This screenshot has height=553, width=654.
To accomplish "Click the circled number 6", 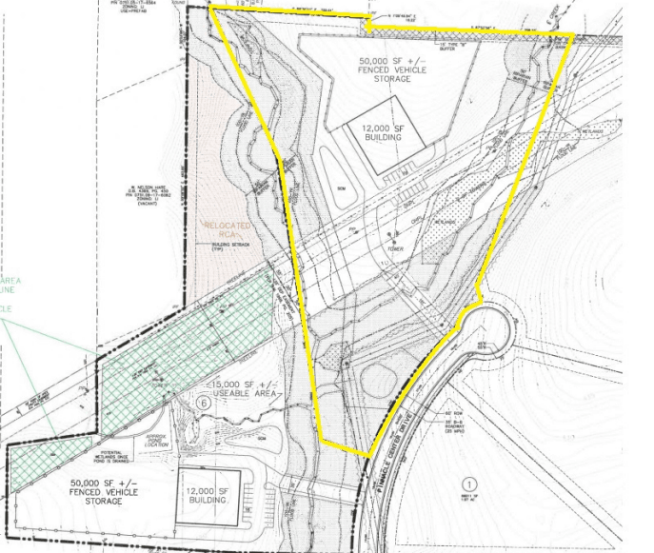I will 203,403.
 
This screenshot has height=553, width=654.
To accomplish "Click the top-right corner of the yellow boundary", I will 572,35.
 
